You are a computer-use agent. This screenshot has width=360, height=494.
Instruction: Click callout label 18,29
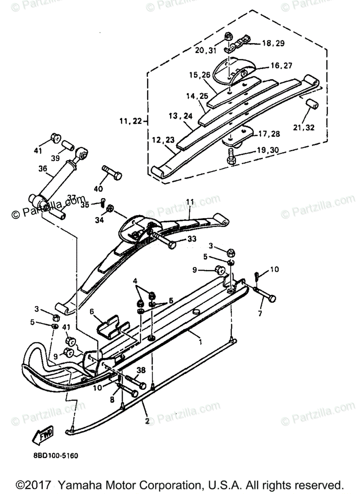[x=273, y=43]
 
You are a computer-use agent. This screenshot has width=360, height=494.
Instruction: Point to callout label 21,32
[x=304, y=128]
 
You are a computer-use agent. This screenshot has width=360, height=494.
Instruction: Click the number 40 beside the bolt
[x=98, y=189]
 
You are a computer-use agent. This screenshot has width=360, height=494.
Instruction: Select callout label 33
[x=191, y=239]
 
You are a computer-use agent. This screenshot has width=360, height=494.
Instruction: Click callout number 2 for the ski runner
[x=146, y=421]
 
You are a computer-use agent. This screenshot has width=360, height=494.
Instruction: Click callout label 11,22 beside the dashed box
[x=131, y=121]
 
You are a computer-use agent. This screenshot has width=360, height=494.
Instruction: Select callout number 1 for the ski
[x=200, y=341]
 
